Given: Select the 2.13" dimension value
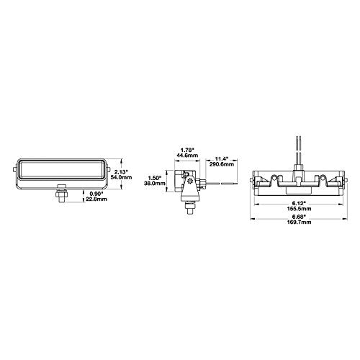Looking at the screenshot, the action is [x=120, y=172].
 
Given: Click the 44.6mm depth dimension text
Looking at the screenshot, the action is [x=187, y=155].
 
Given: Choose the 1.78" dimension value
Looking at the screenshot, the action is [x=187, y=150].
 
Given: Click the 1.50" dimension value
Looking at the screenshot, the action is [x=154, y=178].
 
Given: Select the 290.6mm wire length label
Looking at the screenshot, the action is [x=221, y=164].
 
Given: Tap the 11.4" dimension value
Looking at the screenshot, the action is [x=221, y=159].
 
